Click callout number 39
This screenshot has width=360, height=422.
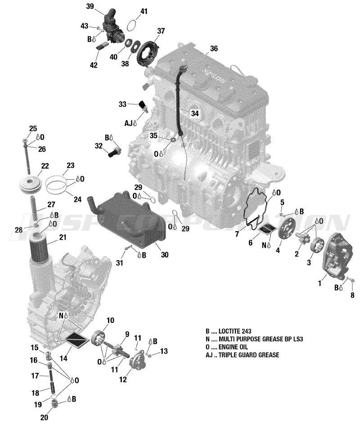pos(90,6)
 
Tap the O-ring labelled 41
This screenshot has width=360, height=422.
pos(131,25)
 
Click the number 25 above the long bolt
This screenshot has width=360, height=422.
pos(33,129)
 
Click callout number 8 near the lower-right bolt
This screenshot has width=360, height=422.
pos(352,295)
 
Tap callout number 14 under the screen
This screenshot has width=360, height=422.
pos(63,358)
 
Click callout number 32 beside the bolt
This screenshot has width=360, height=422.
pos(99,146)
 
